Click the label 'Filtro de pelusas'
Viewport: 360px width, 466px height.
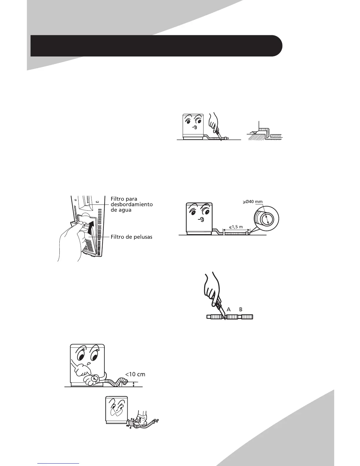point(131,237)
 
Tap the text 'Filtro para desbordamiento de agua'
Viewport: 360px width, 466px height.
point(131,204)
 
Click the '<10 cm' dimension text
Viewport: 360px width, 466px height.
point(135,374)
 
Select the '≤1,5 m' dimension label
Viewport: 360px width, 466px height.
point(236,227)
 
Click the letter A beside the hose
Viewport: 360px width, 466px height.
point(229,309)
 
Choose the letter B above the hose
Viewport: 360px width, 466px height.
point(241,309)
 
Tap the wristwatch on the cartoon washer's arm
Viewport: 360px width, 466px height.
point(94,379)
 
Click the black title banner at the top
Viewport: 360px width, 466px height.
point(156,46)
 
